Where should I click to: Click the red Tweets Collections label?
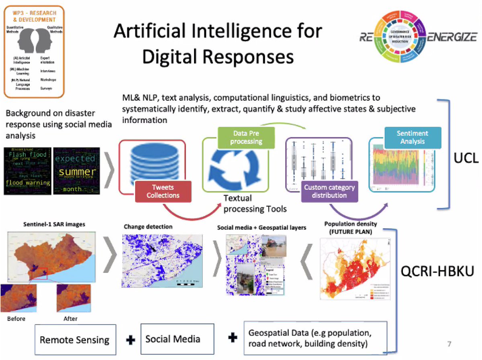(163, 191)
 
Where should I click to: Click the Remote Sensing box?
(74, 340)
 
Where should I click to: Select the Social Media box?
(173, 339)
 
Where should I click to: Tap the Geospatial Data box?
(315, 338)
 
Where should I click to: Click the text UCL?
(466, 158)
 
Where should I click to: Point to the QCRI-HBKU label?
(438, 272)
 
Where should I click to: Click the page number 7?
(449, 344)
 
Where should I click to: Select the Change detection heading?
(148, 227)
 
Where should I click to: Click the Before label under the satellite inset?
(16, 319)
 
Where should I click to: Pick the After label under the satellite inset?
(70, 319)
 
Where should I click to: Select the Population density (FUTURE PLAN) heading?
(347, 228)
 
